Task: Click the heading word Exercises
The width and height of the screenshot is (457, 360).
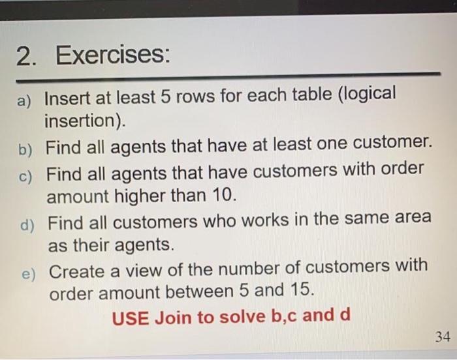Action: coord(112,57)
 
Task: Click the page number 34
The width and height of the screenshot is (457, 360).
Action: coord(442,337)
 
